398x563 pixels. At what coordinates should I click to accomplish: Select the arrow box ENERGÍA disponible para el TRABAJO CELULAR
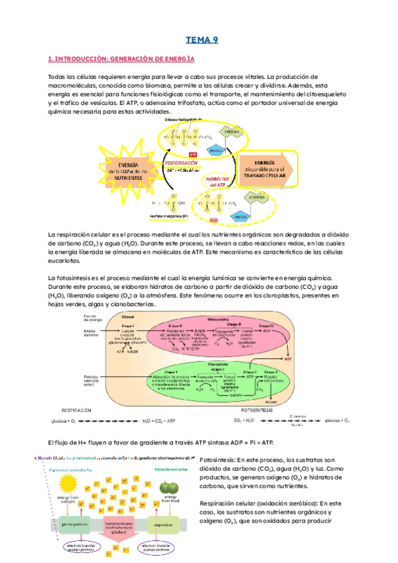(x=273, y=169)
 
